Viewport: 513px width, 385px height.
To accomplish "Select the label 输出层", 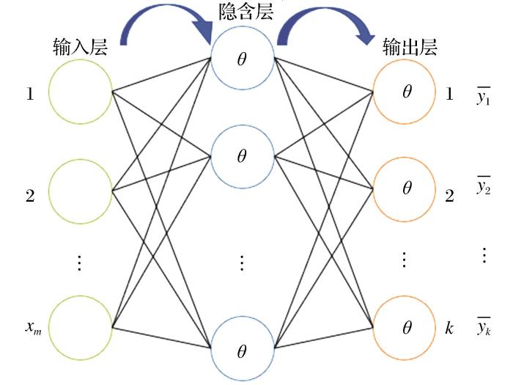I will [410, 48].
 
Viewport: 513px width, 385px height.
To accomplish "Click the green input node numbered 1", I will [80, 92].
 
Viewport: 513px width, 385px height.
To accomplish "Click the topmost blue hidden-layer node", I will [242, 57].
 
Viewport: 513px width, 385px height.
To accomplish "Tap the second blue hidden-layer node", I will [242, 155].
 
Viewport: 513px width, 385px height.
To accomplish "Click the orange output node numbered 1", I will [405, 92].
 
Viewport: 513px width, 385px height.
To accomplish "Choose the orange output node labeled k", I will [405, 327].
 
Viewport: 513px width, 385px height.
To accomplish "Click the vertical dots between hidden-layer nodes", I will [242, 261].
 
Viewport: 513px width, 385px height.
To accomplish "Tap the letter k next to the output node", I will [449, 328].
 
